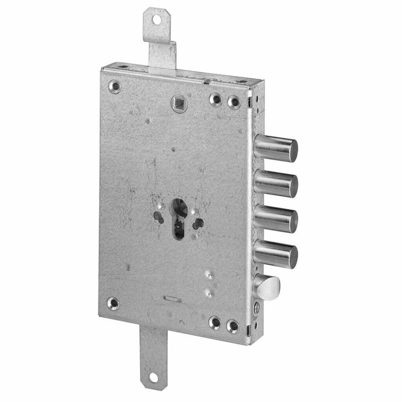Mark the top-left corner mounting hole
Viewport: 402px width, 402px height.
(114, 86)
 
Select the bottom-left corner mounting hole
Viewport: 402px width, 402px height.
(113, 303)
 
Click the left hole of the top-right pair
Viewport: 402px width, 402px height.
(216, 100)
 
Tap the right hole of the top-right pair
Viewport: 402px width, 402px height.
(234, 102)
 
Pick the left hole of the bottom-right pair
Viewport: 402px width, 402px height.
(215, 323)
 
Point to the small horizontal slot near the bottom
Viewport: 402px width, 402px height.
(172, 300)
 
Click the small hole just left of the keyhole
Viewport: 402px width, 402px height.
(158, 217)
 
